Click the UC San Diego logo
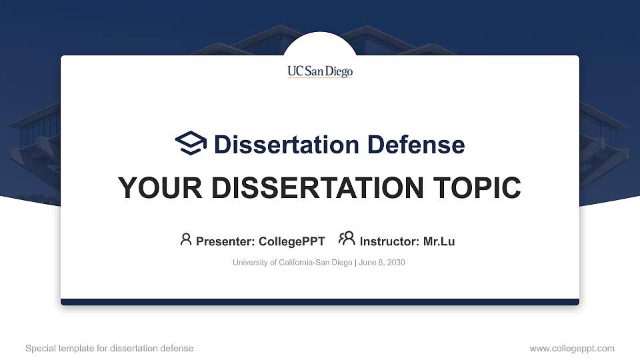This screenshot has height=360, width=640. (320, 71)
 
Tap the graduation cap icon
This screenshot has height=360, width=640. (191, 143)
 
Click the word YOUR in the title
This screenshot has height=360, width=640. (155, 188)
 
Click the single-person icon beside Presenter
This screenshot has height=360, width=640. (186, 239)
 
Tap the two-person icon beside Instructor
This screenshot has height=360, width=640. (347, 239)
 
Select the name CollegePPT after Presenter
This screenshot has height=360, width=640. (291, 241)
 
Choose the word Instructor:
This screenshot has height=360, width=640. (390, 241)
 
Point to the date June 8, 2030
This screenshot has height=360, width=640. (382, 263)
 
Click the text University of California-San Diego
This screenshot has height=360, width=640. (292, 263)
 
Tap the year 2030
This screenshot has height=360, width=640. (396, 263)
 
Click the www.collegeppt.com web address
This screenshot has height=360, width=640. (572, 348)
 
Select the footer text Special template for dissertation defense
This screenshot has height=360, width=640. (109, 348)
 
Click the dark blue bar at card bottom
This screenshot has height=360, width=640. (320, 302)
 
